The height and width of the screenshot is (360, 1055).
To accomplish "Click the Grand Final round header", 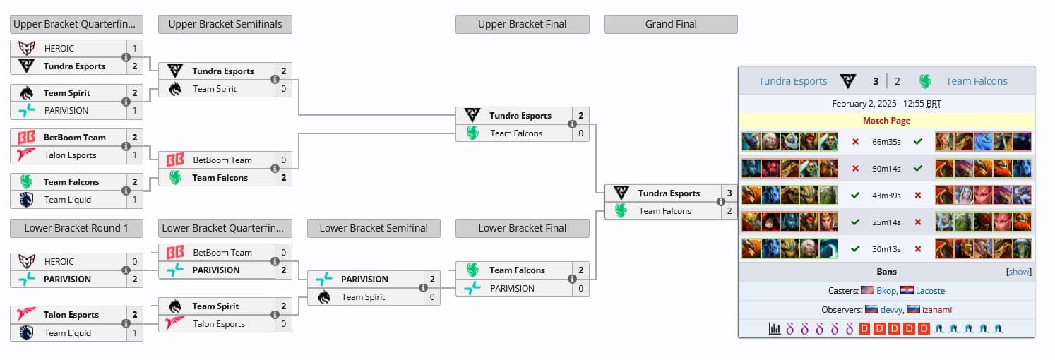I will (671, 24).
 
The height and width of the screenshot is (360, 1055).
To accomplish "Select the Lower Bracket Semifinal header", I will (374, 228).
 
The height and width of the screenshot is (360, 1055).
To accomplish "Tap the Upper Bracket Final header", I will (522, 24).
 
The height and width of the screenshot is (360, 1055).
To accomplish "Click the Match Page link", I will (886, 121).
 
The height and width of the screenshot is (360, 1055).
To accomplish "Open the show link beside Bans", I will (1019, 272).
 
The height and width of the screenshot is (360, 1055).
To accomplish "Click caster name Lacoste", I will (930, 291).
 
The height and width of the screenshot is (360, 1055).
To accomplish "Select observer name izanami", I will (936, 310).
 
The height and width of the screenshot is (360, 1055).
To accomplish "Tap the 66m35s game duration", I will (886, 142).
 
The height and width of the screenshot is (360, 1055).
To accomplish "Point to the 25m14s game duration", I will (886, 222).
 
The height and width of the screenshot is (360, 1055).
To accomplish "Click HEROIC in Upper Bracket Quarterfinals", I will (59, 49).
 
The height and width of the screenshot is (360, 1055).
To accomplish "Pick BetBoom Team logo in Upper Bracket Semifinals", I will (174, 160).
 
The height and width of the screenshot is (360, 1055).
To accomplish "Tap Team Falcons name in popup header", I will (977, 81).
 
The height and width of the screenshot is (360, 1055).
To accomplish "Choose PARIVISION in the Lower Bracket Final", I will (512, 289).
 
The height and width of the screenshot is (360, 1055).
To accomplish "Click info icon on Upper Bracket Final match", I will (571, 125).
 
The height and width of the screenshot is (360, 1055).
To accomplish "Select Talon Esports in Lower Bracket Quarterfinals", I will (219, 324).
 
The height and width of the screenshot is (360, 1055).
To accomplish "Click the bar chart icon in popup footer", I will (775, 329).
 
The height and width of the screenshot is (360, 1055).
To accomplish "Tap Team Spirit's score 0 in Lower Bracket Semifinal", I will (432, 297).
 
